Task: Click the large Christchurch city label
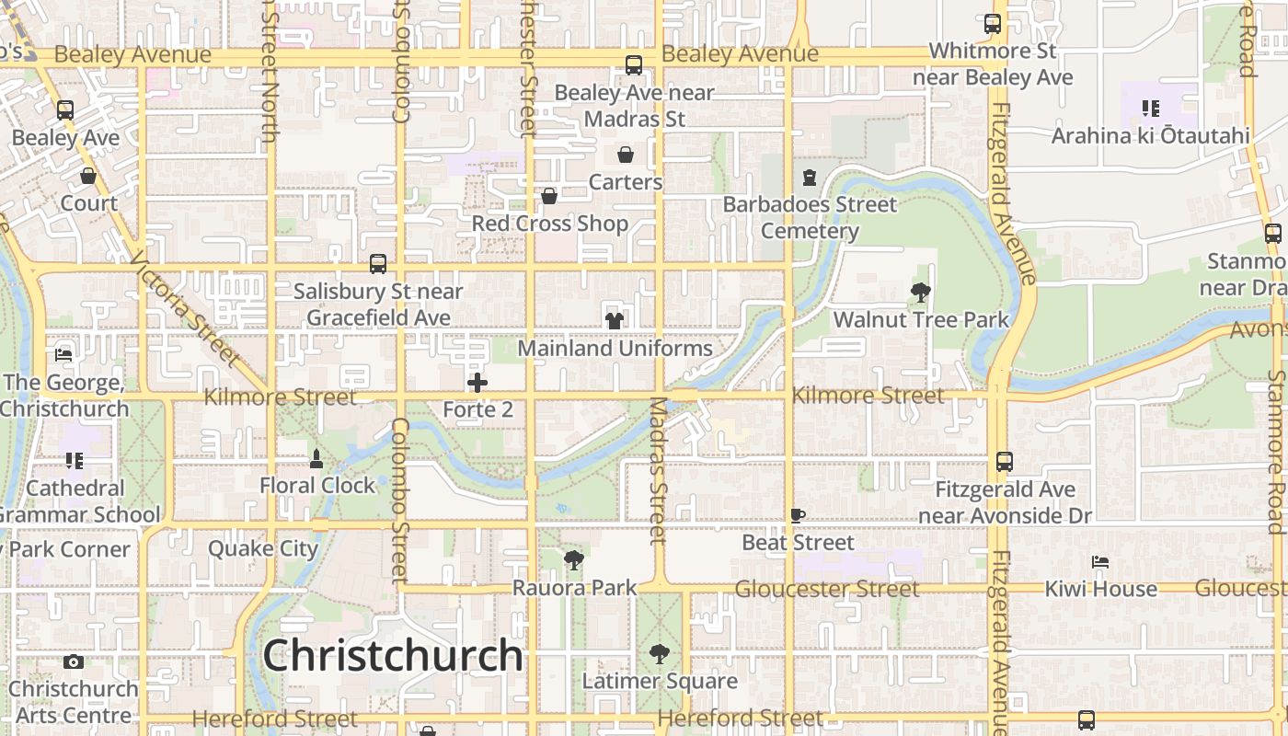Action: [x=393, y=656]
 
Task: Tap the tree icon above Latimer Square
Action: [x=659, y=654]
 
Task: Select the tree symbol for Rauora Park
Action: [x=574, y=559]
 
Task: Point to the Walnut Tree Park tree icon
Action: [x=920, y=293]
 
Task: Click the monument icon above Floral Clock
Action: [x=316, y=458]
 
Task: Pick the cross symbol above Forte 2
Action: [x=477, y=383]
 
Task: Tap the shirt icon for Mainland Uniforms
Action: [x=614, y=320]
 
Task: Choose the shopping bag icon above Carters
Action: [x=626, y=154]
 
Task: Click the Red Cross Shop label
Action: [x=550, y=224]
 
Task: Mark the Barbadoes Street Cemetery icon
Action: [x=810, y=177]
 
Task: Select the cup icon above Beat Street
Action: [x=798, y=516]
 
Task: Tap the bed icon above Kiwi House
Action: [x=1100, y=561]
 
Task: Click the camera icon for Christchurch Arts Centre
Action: [x=74, y=661]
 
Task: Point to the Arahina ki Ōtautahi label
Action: [x=1150, y=136]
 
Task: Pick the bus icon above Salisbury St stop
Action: [x=378, y=264]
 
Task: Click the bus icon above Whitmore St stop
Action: [x=993, y=24]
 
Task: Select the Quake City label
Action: [x=263, y=548]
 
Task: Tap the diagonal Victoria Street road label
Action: [x=184, y=308]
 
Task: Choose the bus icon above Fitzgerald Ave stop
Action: [x=1005, y=462]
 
